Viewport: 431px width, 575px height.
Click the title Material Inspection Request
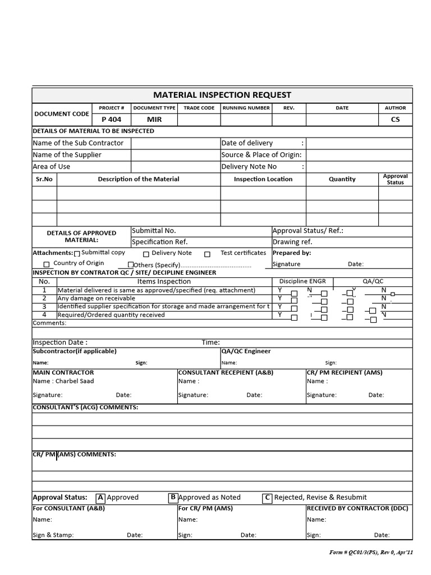pyautogui.click(x=222, y=95)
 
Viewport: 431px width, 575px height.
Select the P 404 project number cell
pyautogui.click(x=111, y=120)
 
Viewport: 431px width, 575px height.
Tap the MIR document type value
pyautogui.click(x=154, y=120)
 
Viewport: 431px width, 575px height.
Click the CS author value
pyautogui.click(x=395, y=120)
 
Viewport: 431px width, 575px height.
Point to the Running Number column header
pyautogui.click(x=246, y=108)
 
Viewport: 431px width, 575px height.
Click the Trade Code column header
pyautogui.click(x=199, y=108)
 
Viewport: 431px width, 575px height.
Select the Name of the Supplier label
pyautogui.click(x=67, y=155)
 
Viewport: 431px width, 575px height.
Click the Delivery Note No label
pyautogui.click(x=249, y=167)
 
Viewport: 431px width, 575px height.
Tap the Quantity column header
pyautogui.click(x=342, y=179)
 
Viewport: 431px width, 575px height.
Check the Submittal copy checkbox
pyautogui.click(x=77, y=254)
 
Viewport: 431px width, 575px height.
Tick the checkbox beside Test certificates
pyautogui.click(x=207, y=254)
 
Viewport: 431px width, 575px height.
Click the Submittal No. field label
pyautogui.click(x=154, y=231)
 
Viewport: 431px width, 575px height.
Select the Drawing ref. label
pyautogui.click(x=292, y=242)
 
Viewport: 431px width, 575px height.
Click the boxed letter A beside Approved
pyautogui.click(x=100, y=498)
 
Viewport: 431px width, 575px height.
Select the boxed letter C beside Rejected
pyautogui.click(x=268, y=498)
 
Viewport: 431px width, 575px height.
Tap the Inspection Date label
pyautogui.click(x=60, y=343)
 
